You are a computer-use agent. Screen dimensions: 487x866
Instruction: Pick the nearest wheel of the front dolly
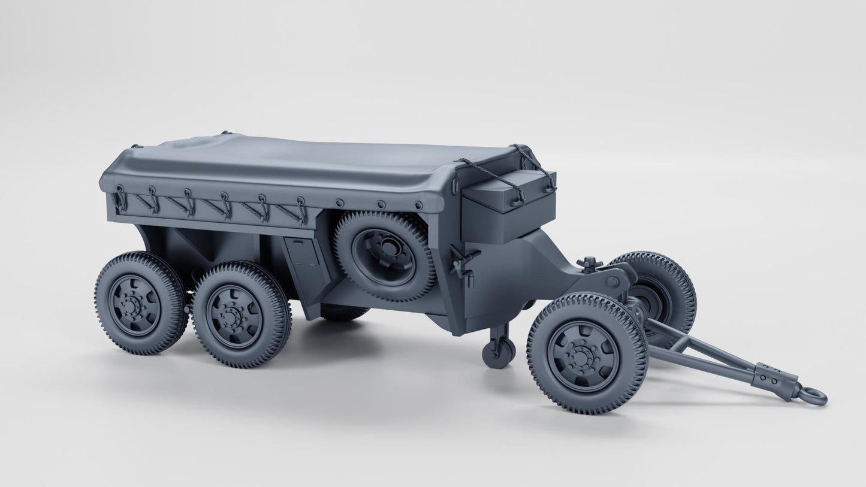point(587,353)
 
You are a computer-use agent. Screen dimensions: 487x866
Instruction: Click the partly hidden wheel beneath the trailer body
point(344,311)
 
